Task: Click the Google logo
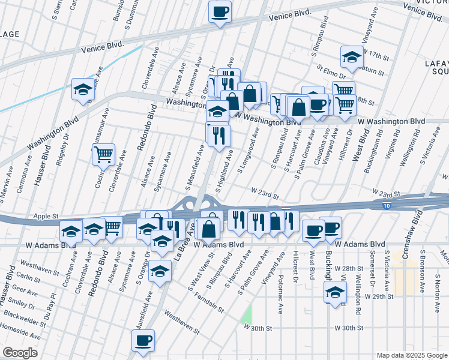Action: (x=20, y=353)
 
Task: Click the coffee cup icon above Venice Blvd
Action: (x=220, y=11)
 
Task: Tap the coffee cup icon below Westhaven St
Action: (x=143, y=340)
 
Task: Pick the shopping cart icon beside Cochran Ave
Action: (x=103, y=154)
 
